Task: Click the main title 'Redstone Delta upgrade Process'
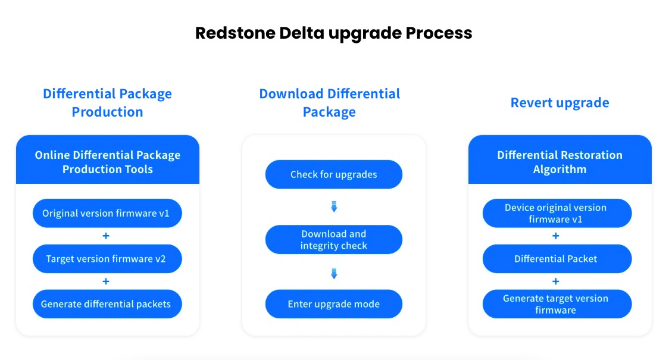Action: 333,33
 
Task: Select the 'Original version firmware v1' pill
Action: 107,213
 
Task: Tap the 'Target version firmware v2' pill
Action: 107,258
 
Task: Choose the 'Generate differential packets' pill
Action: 107,304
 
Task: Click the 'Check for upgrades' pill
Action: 334,174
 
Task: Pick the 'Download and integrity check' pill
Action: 334,240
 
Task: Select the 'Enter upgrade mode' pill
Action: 334,304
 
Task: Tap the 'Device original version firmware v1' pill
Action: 557,213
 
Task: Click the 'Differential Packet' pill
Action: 557,258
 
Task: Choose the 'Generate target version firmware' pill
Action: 557,304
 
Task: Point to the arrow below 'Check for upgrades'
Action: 334,206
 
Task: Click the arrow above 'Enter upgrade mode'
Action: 334,274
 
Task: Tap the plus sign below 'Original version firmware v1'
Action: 106,236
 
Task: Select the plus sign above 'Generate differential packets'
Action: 106,281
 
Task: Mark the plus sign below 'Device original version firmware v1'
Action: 556,236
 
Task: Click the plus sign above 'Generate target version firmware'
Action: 556,281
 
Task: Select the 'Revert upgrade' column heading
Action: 560,103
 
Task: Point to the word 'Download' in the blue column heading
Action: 292,93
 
